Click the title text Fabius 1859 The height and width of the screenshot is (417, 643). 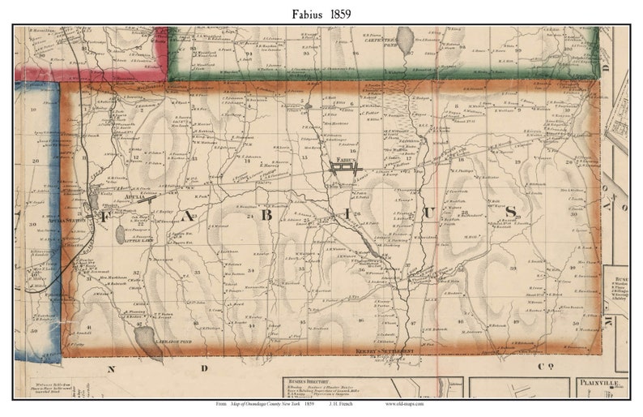[x=321, y=14]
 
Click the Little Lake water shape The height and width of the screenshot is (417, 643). [x=121, y=234]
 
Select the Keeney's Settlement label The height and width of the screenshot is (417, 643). [x=385, y=350]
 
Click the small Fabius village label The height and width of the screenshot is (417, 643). [x=344, y=160]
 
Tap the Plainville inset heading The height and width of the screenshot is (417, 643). [x=598, y=380]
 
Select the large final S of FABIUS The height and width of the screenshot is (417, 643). [x=510, y=212]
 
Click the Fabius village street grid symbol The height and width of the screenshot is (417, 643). [x=343, y=169]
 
